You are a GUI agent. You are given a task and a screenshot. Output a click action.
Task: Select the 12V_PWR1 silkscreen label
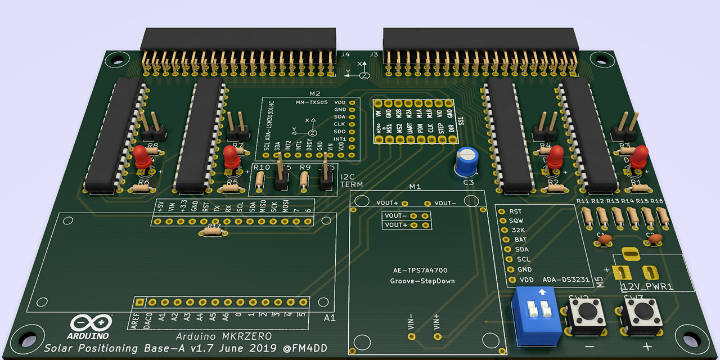647,286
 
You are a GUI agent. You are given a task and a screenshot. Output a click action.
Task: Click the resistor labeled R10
260,180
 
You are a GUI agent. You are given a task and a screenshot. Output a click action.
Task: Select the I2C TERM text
352,181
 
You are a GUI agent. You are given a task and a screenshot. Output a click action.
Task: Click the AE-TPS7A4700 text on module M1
420,271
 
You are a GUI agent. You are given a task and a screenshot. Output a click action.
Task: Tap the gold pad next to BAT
506,240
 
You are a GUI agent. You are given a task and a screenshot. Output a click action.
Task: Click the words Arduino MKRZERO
224,336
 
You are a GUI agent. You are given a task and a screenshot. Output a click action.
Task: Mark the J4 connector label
345,55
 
